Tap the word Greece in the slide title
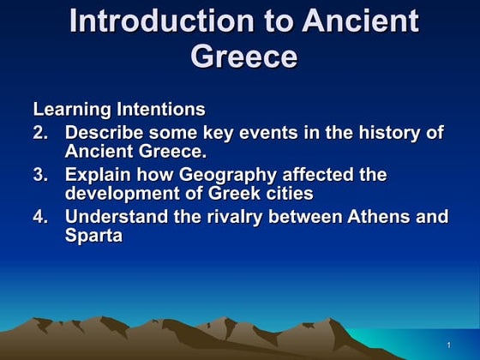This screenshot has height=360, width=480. point(243,56)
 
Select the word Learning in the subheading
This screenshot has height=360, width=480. point(65,110)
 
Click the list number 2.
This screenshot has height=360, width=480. point(39,133)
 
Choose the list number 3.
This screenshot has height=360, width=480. point(39,174)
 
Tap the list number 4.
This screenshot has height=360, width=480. point(39,216)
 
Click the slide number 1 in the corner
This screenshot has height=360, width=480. point(448,345)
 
